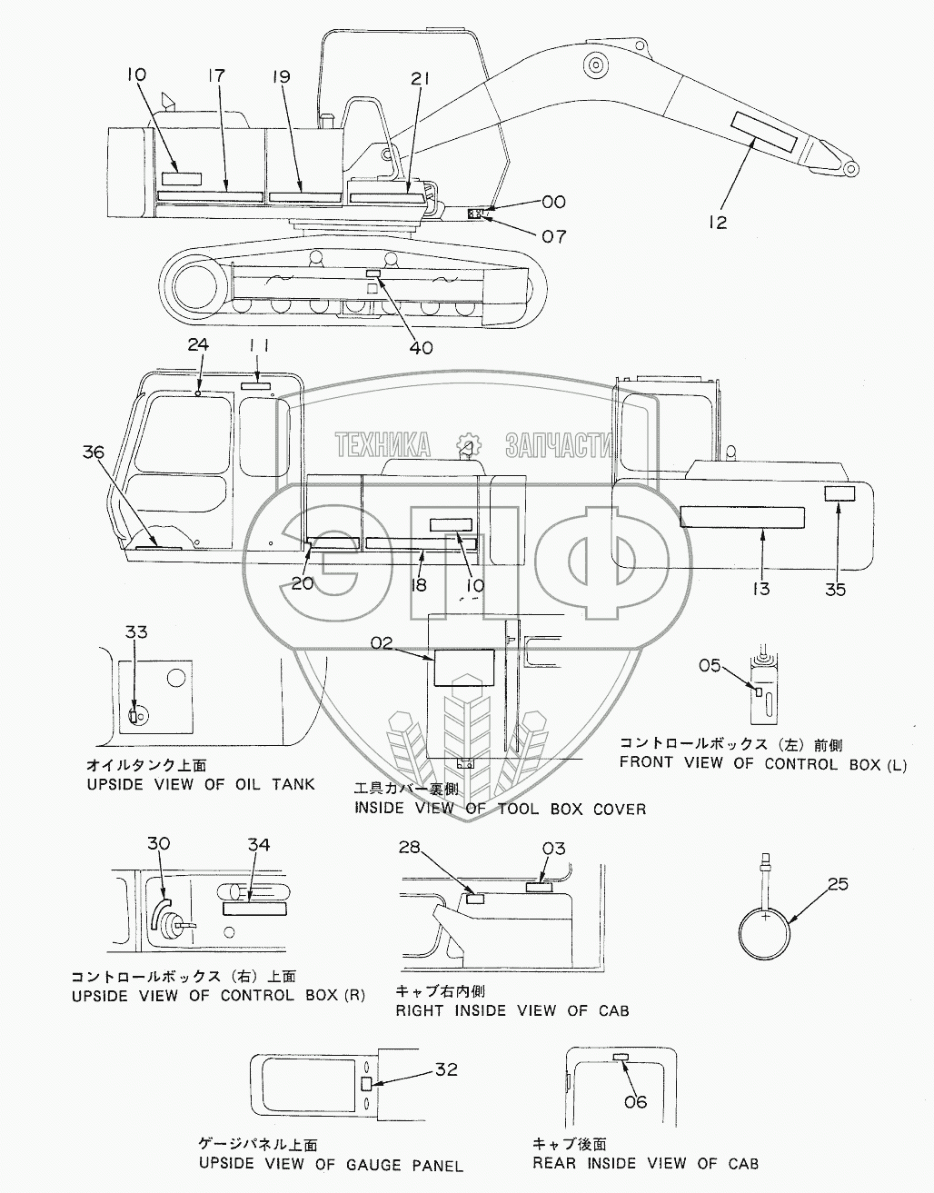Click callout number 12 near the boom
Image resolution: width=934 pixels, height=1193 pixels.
718,223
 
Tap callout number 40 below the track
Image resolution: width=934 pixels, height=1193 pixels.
421,347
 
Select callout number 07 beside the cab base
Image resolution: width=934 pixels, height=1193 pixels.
553,236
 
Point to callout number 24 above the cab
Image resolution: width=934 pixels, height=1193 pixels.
198,344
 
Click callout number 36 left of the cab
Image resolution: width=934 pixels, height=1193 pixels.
94,452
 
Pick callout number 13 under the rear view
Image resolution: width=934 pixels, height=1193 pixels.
761,589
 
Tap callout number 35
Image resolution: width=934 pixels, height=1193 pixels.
835,590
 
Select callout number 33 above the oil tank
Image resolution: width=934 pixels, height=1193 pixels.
136,631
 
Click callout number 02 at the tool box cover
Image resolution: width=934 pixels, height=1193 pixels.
382,642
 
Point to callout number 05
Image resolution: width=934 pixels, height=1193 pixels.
709,665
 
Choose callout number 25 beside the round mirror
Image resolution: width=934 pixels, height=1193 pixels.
838,884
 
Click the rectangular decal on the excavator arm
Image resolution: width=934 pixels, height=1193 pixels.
764,133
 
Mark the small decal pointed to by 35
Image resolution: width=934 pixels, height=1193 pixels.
840,493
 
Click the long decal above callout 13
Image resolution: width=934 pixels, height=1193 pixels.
742,517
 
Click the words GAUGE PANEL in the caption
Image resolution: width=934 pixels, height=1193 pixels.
404,1165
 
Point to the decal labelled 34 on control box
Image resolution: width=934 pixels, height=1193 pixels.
254,909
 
